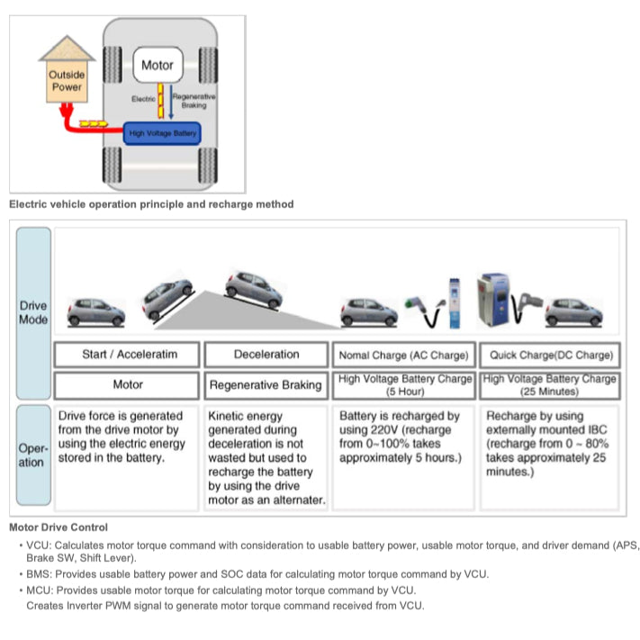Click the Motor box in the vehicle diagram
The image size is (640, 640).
158,66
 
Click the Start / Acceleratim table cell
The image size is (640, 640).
130,355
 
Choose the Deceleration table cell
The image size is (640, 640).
266,355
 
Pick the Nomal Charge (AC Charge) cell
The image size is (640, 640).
404,355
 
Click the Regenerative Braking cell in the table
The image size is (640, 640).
266,385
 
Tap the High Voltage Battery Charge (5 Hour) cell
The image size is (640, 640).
404,385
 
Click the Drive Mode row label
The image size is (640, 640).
33,312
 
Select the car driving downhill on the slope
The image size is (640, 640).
253,288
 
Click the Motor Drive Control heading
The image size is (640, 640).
59,527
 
